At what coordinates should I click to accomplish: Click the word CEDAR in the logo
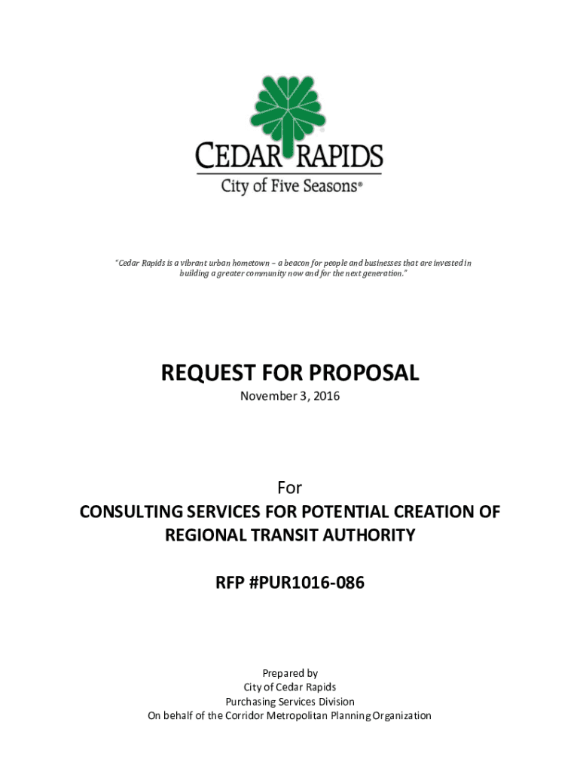coord(238,158)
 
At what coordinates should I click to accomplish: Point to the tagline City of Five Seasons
coord(290,185)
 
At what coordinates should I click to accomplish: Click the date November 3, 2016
coord(290,396)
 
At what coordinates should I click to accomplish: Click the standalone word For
coord(290,487)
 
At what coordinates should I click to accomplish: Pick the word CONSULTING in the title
coord(133,512)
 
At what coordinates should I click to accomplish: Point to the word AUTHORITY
coord(377,535)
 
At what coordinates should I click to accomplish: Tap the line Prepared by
coord(290,673)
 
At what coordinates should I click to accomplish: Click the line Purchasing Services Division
coord(290,702)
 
